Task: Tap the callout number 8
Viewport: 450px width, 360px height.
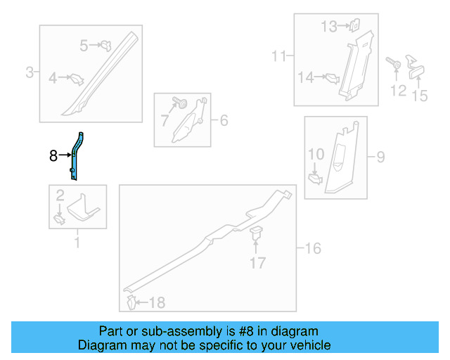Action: pos(53,156)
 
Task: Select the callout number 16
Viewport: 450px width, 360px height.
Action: pos(312,247)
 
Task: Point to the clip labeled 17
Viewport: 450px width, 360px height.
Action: pos(256,233)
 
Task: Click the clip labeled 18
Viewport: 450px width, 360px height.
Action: pos(131,303)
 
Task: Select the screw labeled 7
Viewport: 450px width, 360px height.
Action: pos(182,105)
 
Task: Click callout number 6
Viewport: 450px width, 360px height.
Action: pos(223,120)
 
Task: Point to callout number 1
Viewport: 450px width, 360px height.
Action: pos(77,243)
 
